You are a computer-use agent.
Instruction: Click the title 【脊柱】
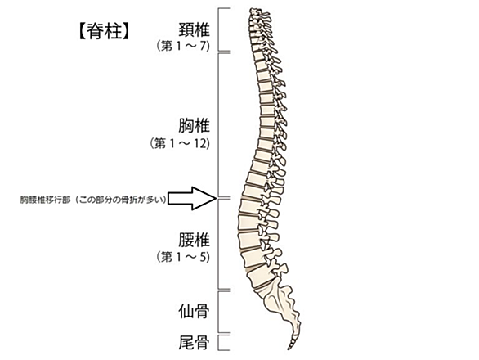(104, 32)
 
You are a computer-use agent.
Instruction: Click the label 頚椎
(194, 29)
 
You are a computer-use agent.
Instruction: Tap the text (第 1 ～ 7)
(183, 46)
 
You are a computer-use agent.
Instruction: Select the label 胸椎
(194, 125)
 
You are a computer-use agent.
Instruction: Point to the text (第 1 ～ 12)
(180, 143)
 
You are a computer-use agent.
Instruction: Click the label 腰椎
(194, 240)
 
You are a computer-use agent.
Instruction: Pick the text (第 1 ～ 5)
(183, 257)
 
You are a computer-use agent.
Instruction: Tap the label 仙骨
(194, 312)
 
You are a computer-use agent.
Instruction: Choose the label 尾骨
(194, 342)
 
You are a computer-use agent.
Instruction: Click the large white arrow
(192, 199)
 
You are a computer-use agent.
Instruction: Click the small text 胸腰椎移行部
(46, 200)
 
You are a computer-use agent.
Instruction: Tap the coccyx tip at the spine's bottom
(289, 348)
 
